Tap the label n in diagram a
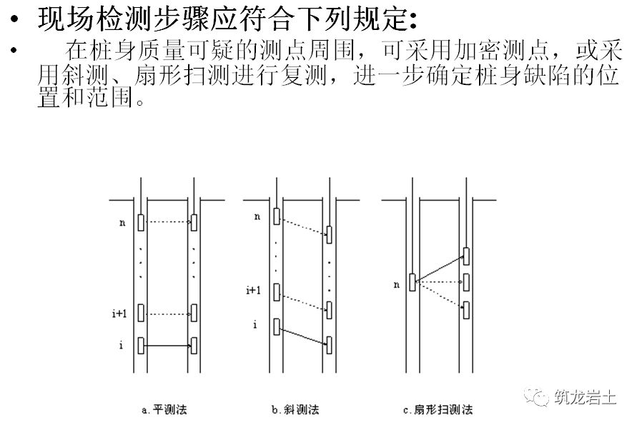click(x=122, y=223)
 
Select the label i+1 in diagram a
click(x=121, y=313)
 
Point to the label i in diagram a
click(x=122, y=346)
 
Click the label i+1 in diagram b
click(x=253, y=290)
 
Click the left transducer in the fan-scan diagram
click(x=413, y=282)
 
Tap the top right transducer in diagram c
click(x=466, y=255)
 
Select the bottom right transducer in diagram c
click(x=466, y=309)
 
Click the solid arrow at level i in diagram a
click(x=167, y=346)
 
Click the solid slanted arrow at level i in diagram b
click(x=302, y=336)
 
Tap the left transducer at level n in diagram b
click(x=277, y=216)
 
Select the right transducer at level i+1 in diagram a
click(x=194, y=313)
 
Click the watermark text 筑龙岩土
click(x=584, y=396)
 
